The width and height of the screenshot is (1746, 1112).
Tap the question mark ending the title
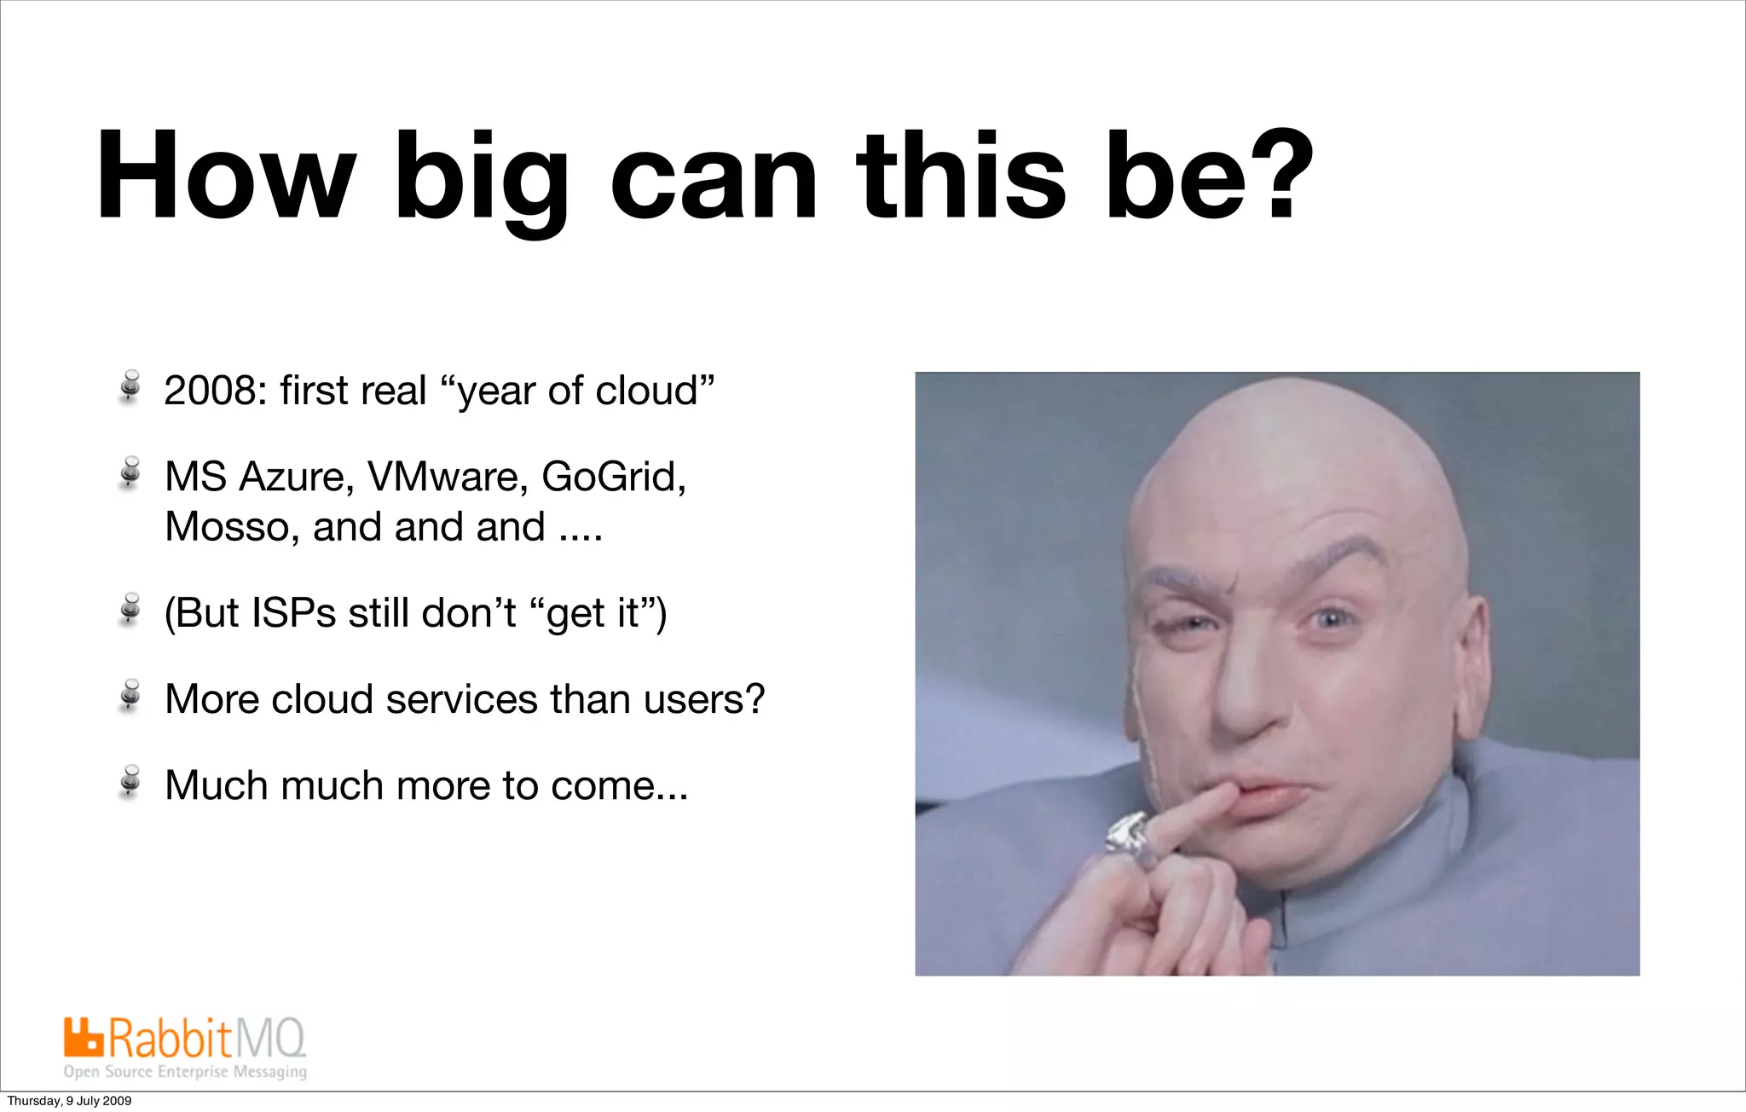coord(1272,175)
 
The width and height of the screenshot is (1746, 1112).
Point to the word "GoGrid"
coord(613,477)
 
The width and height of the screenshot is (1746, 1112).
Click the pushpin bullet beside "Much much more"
coord(130,781)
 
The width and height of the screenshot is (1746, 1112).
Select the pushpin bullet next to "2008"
coord(130,386)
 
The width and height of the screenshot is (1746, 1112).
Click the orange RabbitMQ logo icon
coord(84,1037)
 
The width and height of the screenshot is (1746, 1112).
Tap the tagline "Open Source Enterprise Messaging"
coord(185,1072)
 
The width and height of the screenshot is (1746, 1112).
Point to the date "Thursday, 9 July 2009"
coord(70,1101)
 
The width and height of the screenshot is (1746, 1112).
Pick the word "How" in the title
coord(224,177)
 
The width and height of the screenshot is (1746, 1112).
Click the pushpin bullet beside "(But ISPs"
coord(130,609)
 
